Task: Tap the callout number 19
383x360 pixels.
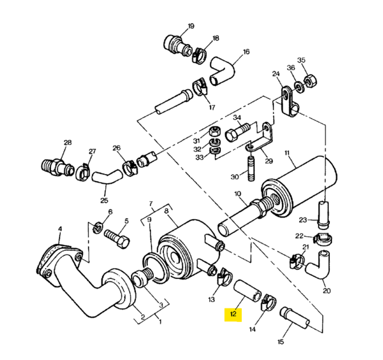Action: click(191, 26)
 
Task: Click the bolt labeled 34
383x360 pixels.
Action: click(237, 132)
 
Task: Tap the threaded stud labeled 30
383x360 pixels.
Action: click(251, 169)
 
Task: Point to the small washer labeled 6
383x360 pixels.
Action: click(98, 228)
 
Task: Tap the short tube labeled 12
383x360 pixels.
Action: click(248, 291)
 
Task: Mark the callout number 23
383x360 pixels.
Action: click(303, 220)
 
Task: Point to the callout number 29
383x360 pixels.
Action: click(269, 161)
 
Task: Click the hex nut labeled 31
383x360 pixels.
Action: click(215, 132)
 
